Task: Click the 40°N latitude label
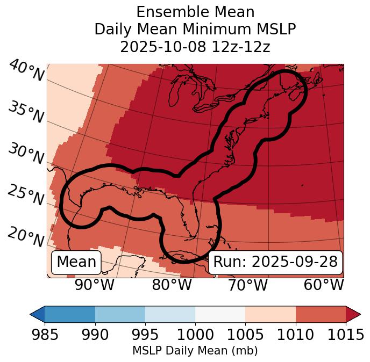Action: click(x=26, y=70)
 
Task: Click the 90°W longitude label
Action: click(x=94, y=285)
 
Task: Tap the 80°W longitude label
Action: click(x=172, y=285)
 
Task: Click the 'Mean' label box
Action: click(x=76, y=262)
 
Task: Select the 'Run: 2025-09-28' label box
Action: click(x=275, y=262)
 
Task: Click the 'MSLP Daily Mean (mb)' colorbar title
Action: click(x=195, y=351)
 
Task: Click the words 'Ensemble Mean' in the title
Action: click(x=195, y=12)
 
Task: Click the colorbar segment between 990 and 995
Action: click(x=120, y=314)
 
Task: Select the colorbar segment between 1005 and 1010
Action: click(x=271, y=314)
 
